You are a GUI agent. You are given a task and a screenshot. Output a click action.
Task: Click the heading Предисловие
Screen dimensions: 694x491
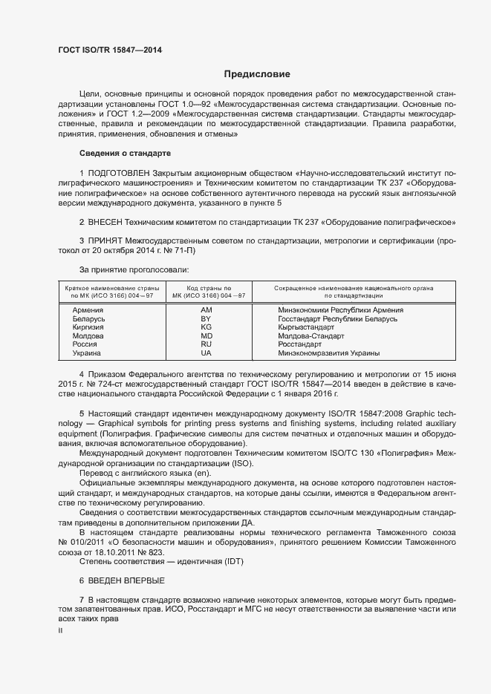click(257, 74)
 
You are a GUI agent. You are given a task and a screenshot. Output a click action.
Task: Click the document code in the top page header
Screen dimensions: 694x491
click(110, 50)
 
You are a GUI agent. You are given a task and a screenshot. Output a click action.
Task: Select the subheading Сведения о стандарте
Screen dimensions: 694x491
click(125, 153)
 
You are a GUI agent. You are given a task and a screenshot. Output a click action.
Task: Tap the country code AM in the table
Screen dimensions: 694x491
click(207, 310)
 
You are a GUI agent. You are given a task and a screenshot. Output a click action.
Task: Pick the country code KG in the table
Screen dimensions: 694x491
click(207, 327)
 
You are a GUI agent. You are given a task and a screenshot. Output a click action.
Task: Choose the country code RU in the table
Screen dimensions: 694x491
click(207, 344)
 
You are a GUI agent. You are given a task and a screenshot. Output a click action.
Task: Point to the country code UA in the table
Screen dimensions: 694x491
click(207, 353)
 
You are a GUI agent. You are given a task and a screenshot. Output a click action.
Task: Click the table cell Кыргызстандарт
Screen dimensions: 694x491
click(308, 327)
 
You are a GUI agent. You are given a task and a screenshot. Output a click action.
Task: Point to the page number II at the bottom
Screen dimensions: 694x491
click(60, 630)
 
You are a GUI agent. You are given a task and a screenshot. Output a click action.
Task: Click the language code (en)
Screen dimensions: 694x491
click(201, 494)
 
